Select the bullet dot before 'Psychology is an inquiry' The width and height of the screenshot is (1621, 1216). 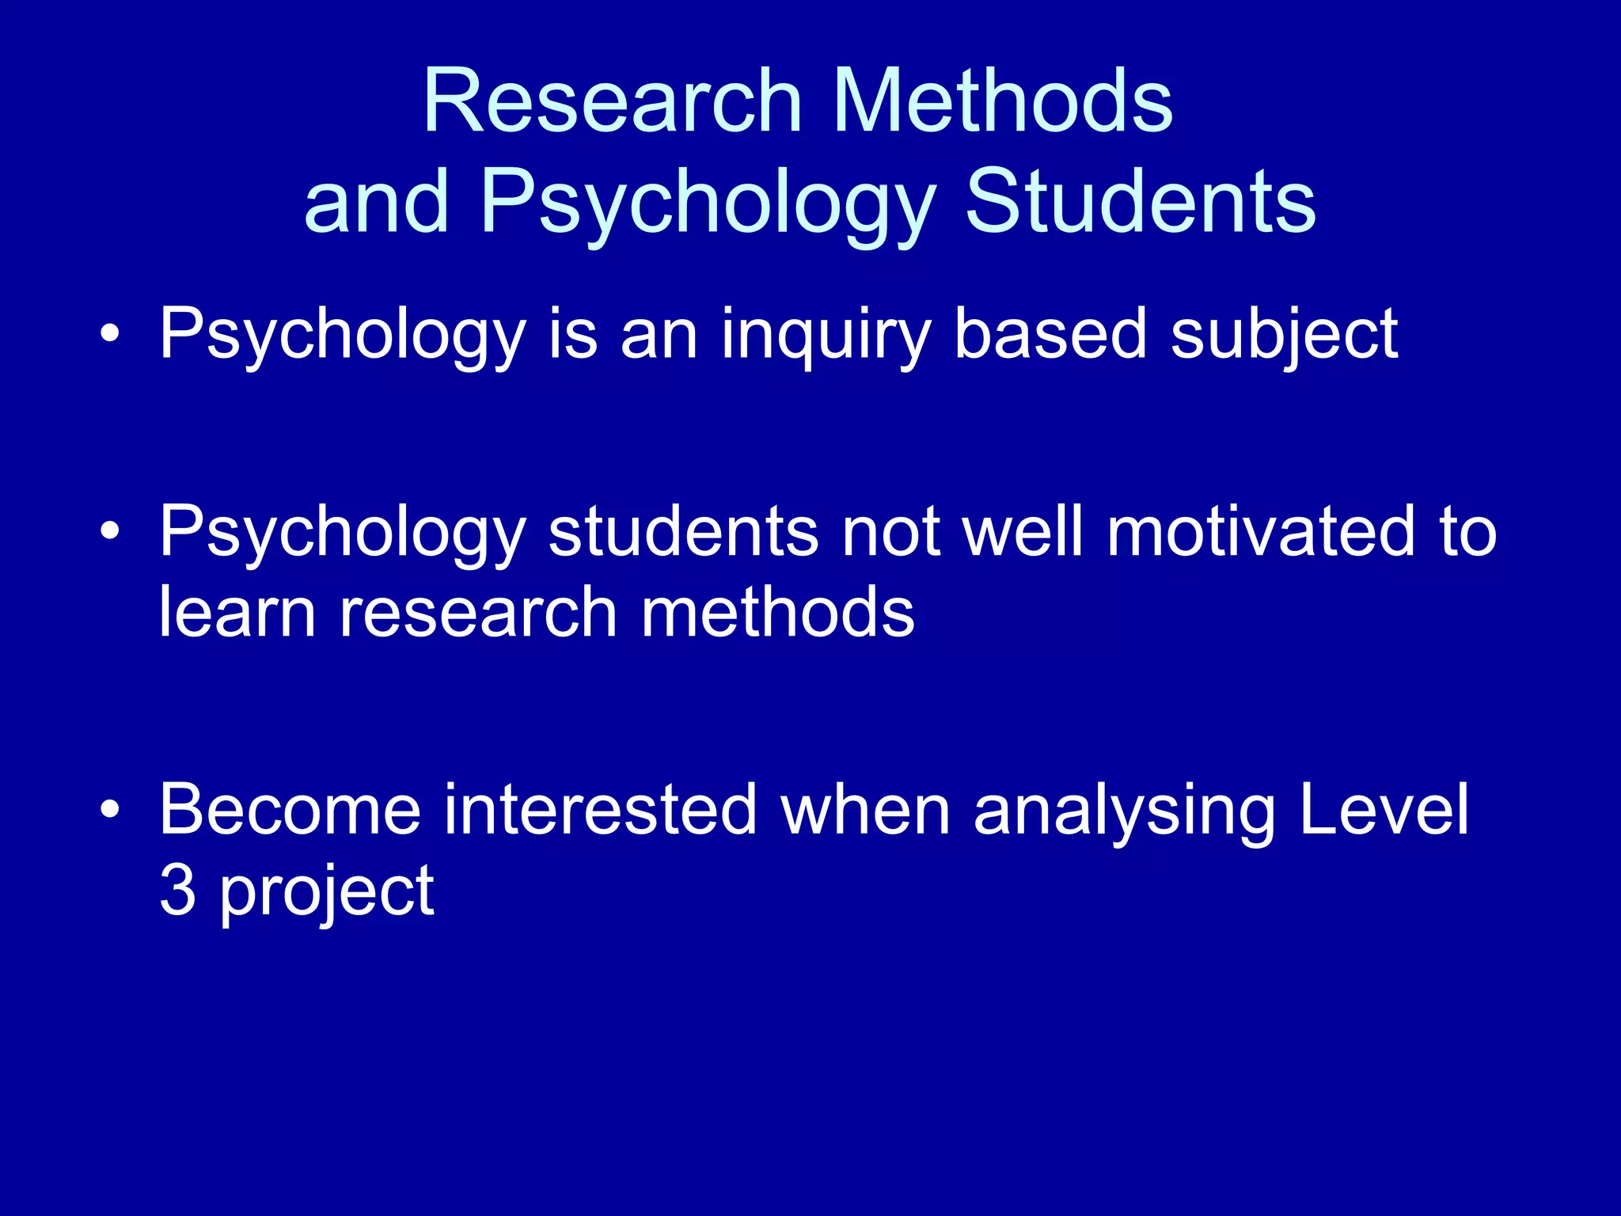pyautogui.click(x=110, y=333)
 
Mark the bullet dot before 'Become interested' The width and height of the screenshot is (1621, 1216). pyautogui.click(x=110, y=809)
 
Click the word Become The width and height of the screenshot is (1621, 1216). pyautogui.click(x=290, y=809)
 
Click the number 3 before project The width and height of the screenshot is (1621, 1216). pyautogui.click(x=177, y=891)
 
